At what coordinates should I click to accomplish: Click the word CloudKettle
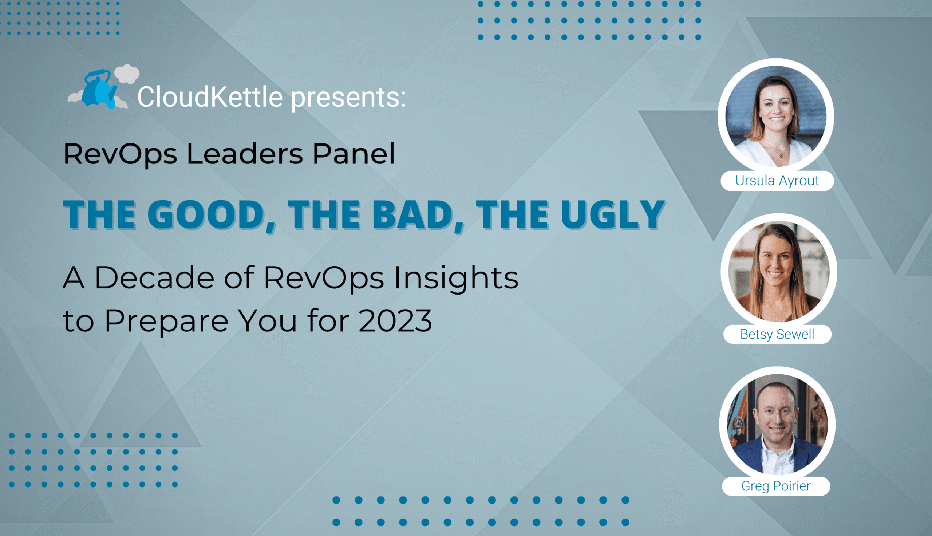click(x=210, y=97)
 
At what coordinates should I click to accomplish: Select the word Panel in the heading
click(x=354, y=154)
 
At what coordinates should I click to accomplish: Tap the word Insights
click(x=456, y=279)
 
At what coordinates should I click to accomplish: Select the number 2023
click(x=395, y=321)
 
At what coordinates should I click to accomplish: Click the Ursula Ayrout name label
click(x=777, y=181)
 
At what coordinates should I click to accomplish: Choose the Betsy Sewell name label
click(x=777, y=334)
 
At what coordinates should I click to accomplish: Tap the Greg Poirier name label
click(x=776, y=486)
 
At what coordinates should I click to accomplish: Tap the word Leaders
click(x=245, y=154)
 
